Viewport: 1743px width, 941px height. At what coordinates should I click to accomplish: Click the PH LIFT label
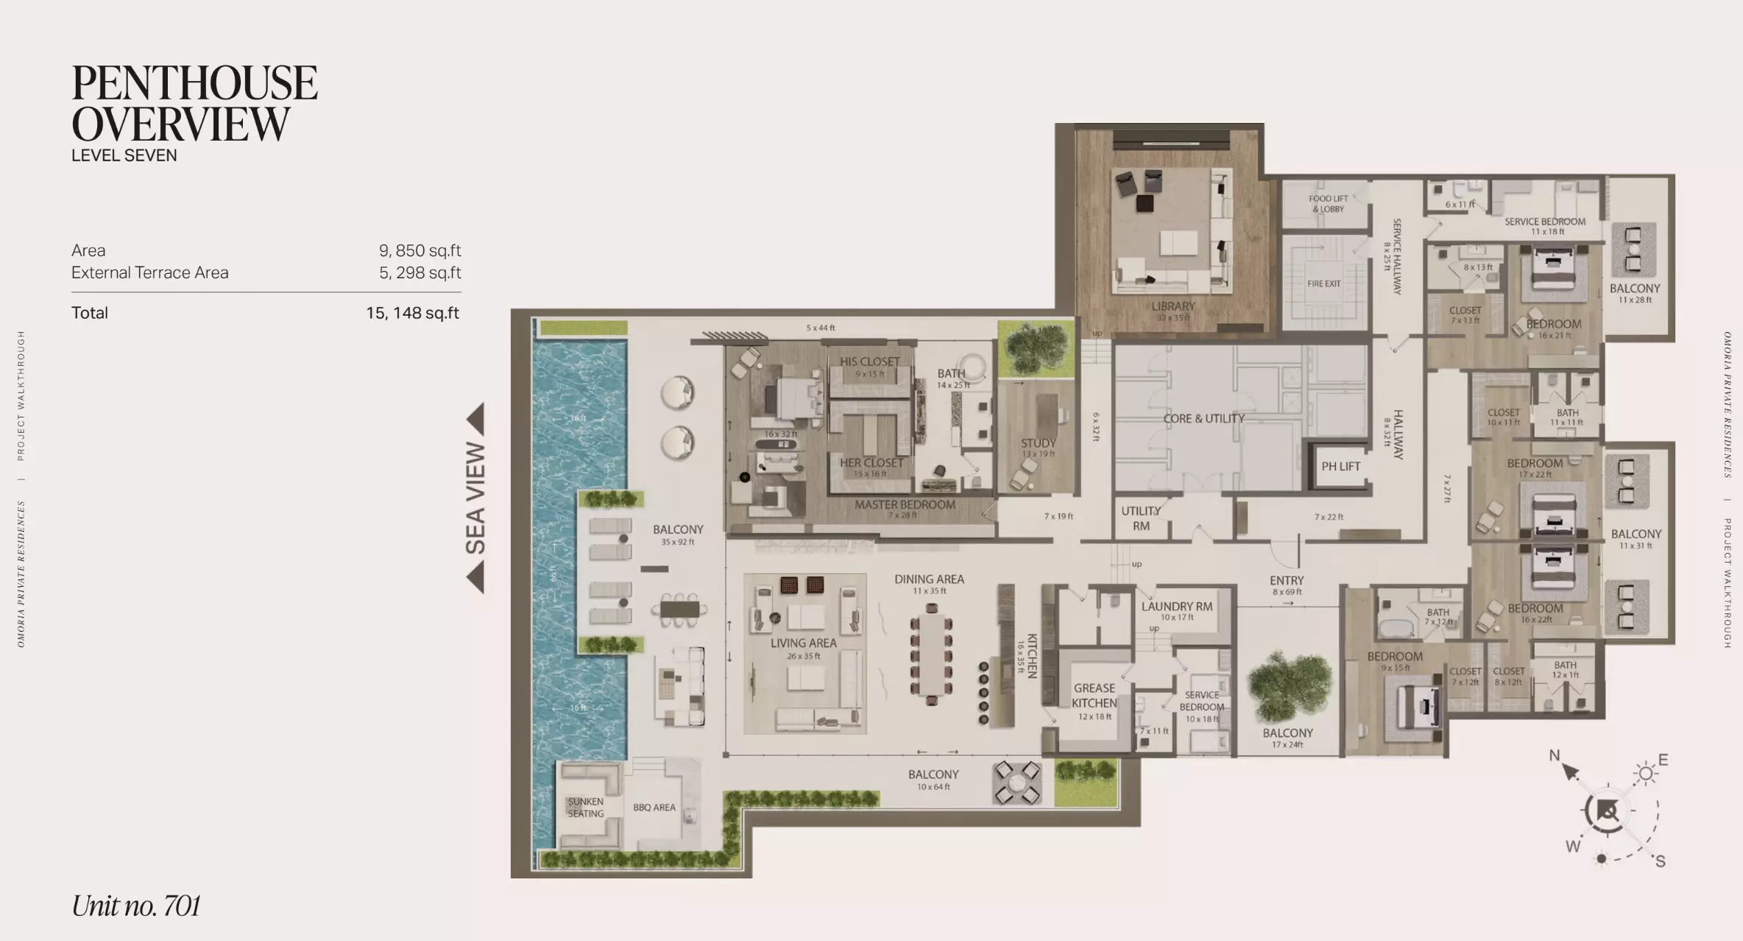pyautogui.click(x=1340, y=466)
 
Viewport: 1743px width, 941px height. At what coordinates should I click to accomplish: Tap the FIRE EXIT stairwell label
pyautogui.click(x=1323, y=283)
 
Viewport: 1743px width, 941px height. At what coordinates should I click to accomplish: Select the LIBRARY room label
pyautogui.click(x=1173, y=306)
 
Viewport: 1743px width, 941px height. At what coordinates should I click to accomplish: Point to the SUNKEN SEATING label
pyautogui.click(x=585, y=807)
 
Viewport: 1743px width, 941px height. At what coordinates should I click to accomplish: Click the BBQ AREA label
pyautogui.click(x=654, y=807)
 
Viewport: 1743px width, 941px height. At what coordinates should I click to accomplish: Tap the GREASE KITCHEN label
pyautogui.click(x=1094, y=695)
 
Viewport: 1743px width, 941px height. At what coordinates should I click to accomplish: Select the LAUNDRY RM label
pyautogui.click(x=1176, y=607)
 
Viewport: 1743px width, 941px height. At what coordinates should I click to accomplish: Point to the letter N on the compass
pyautogui.click(x=1554, y=755)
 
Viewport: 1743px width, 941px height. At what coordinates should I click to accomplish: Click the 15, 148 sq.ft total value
pyautogui.click(x=412, y=313)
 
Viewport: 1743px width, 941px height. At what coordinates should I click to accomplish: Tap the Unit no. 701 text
pyautogui.click(x=136, y=906)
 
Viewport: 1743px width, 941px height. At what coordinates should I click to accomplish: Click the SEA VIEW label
pyautogui.click(x=475, y=498)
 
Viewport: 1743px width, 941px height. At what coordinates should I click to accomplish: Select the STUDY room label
pyautogui.click(x=1038, y=443)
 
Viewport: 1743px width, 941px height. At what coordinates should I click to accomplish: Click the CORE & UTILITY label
pyautogui.click(x=1203, y=418)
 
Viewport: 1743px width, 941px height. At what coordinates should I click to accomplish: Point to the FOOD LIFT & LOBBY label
pyautogui.click(x=1328, y=203)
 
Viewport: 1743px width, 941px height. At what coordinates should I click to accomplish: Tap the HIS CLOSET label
pyautogui.click(x=869, y=362)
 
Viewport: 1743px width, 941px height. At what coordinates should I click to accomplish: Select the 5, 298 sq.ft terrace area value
pyautogui.click(x=420, y=272)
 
